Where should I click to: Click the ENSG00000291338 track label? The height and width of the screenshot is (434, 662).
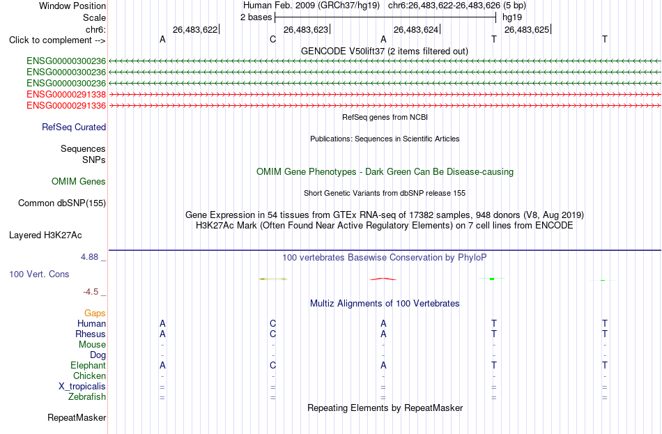point(66,94)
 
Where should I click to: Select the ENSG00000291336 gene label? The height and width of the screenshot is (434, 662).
point(66,105)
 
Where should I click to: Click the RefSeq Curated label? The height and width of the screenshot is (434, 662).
point(74,127)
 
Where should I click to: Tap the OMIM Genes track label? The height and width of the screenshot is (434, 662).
point(79,182)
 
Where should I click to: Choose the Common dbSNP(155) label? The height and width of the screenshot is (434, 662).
point(62,203)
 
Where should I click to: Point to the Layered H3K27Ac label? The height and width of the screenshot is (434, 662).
point(45,235)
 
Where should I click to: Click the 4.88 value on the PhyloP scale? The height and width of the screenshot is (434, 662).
point(89,257)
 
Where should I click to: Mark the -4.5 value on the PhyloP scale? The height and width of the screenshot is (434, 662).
point(91,292)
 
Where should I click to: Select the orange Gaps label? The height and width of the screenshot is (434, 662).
point(95,313)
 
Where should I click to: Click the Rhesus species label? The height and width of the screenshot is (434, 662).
point(91,334)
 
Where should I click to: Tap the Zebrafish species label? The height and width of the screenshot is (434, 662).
point(87,396)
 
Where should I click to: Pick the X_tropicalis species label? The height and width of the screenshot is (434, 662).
point(82,387)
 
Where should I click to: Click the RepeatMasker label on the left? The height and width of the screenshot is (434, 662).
point(77,417)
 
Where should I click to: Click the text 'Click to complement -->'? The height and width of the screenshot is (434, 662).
point(57,40)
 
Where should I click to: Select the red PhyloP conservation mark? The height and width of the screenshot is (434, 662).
point(383,279)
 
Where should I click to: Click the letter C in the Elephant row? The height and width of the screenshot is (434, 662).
point(272,365)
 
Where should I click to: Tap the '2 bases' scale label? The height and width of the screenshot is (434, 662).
point(256,17)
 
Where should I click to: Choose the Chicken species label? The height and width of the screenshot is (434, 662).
point(89,375)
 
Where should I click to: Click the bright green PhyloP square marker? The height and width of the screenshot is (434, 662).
point(492,279)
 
